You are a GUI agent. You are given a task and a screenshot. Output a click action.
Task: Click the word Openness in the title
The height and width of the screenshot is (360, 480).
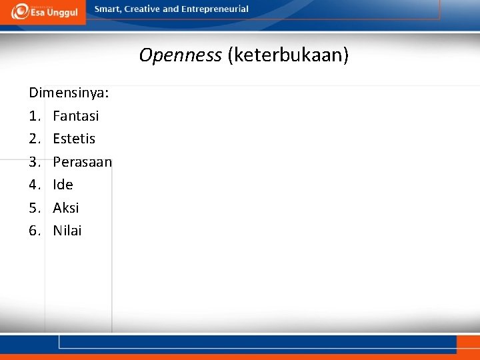[180, 55]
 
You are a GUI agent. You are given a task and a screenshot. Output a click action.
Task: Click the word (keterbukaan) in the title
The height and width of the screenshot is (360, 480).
[287, 55]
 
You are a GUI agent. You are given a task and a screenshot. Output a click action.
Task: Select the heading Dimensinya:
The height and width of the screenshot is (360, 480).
[69, 93]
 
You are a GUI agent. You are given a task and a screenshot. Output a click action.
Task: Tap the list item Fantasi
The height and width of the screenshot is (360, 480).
[75, 116]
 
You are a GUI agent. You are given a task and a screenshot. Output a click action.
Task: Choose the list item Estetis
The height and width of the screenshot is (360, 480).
[74, 139]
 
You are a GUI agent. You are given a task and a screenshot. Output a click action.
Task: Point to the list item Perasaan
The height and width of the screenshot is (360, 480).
[82, 162]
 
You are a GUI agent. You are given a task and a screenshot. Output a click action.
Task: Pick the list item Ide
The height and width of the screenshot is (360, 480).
[63, 185]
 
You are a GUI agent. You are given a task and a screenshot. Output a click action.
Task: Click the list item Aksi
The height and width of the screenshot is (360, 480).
[65, 208]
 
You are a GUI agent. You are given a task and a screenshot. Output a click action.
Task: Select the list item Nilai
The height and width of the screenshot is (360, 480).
[67, 231]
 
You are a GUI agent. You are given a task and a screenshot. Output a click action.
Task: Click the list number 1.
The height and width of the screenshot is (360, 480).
[35, 116]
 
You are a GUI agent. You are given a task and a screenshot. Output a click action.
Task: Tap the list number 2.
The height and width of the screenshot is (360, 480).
[35, 139]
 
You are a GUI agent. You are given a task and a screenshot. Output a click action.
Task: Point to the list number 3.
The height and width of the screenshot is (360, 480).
[35, 162]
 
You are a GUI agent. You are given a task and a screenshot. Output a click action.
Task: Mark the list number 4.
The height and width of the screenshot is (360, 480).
[35, 185]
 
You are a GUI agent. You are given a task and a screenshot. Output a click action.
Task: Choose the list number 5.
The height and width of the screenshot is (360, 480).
[35, 208]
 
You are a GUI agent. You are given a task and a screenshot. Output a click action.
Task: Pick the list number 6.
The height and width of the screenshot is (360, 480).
[35, 231]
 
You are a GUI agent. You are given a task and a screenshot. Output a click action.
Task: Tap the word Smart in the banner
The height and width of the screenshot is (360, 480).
[108, 9]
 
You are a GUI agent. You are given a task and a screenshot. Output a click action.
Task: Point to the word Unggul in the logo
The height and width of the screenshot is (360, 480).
[62, 13]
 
